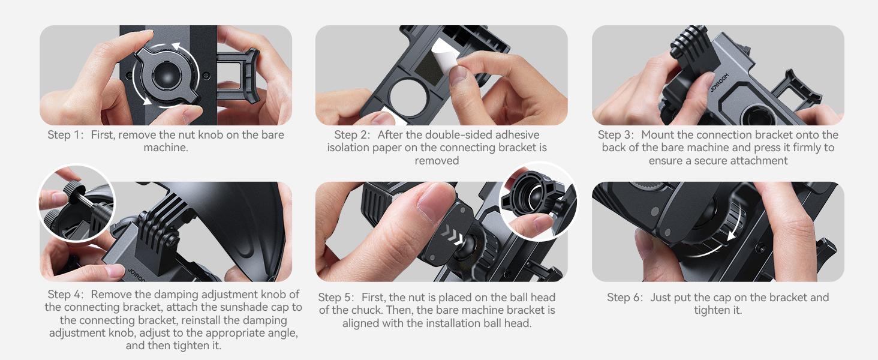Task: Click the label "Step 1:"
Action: pyautogui.click(x=66, y=135)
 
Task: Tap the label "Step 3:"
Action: pyautogui.click(x=616, y=135)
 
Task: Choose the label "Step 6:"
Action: pyautogui.click(x=625, y=298)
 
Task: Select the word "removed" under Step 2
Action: pyautogui.click(x=437, y=161)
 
